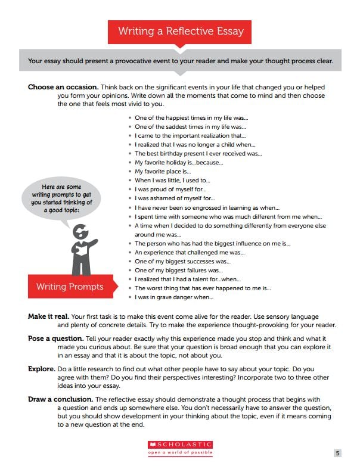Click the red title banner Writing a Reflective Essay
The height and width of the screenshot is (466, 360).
179,31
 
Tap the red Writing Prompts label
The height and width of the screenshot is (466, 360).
69,287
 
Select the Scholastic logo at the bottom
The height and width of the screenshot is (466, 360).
179,445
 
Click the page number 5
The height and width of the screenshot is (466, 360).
337,453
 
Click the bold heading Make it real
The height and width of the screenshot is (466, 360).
48,316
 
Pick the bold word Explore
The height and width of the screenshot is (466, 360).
42,369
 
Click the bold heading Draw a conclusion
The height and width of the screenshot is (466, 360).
60,399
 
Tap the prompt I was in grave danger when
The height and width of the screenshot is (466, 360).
173,297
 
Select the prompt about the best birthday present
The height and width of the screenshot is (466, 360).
198,153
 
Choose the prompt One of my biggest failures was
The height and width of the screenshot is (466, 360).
178,270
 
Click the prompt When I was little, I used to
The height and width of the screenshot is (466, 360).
172,180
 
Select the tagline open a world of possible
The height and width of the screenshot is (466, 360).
179,452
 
